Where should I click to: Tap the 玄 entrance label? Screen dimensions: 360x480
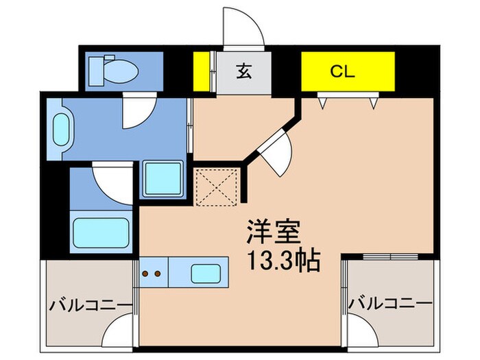tap(243, 72)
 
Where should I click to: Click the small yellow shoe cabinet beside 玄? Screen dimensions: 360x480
tap(202, 71)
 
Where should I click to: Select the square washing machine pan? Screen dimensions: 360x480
tap(163, 179)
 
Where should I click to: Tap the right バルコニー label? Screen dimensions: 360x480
tap(390, 303)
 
